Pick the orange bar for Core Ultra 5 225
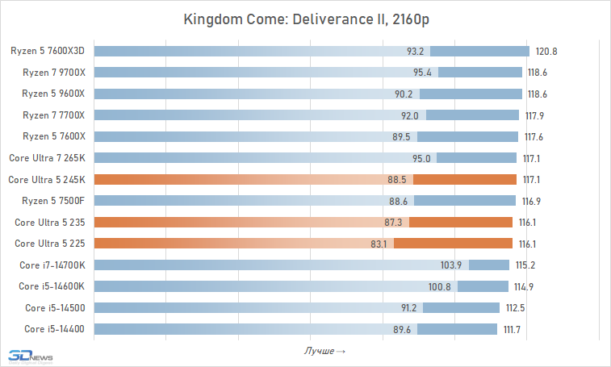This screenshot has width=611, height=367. (x=303, y=243)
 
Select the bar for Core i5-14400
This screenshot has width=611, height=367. (x=295, y=328)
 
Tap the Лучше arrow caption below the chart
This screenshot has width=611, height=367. (x=324, y=351)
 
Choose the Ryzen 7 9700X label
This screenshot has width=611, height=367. (x=53, y=73)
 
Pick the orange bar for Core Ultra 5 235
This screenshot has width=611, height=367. (x=303, y=222)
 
